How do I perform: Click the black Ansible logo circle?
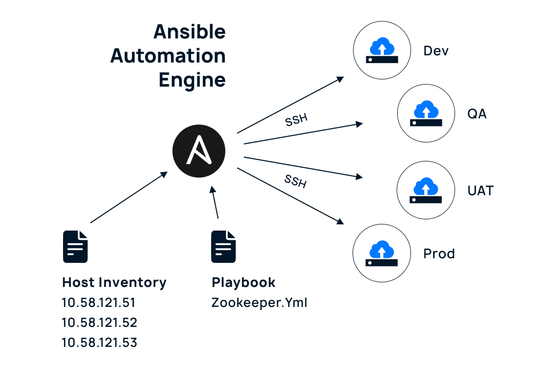click(x=199, y=152)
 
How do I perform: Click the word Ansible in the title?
click(x=190, y=32)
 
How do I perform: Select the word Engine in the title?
click(x=192, y=80)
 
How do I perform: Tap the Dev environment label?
click(x=436, y=51)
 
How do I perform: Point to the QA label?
click(x=477, y=114)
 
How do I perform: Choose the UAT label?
click(x=480, y=191)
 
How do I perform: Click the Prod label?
click(x=439, y=254)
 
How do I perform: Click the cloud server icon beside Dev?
click(x=382, y=51)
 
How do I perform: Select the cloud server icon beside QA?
click(x=426, y=114)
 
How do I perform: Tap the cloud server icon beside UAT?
click(x=426, y=191)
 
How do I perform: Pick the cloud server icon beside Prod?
click(x=382, y=254)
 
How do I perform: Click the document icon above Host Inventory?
click(x=75, y=246)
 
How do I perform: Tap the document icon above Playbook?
click(x=224, y=246)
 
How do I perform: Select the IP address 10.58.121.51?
click(x=99, y=303)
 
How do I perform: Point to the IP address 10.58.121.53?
click(x=99, y=343)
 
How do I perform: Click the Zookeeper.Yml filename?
click(x=259, y=303)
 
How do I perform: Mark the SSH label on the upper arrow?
click(x=296, y=120)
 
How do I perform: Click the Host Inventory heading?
click(x=114, y=282)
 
